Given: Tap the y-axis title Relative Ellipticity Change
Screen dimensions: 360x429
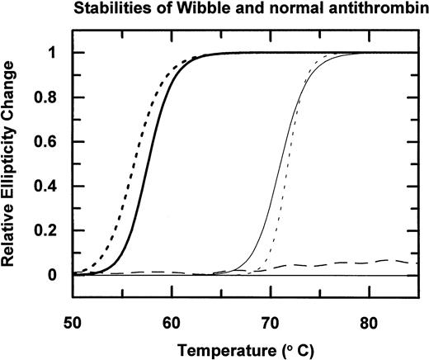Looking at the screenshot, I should (x=13, y=163).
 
